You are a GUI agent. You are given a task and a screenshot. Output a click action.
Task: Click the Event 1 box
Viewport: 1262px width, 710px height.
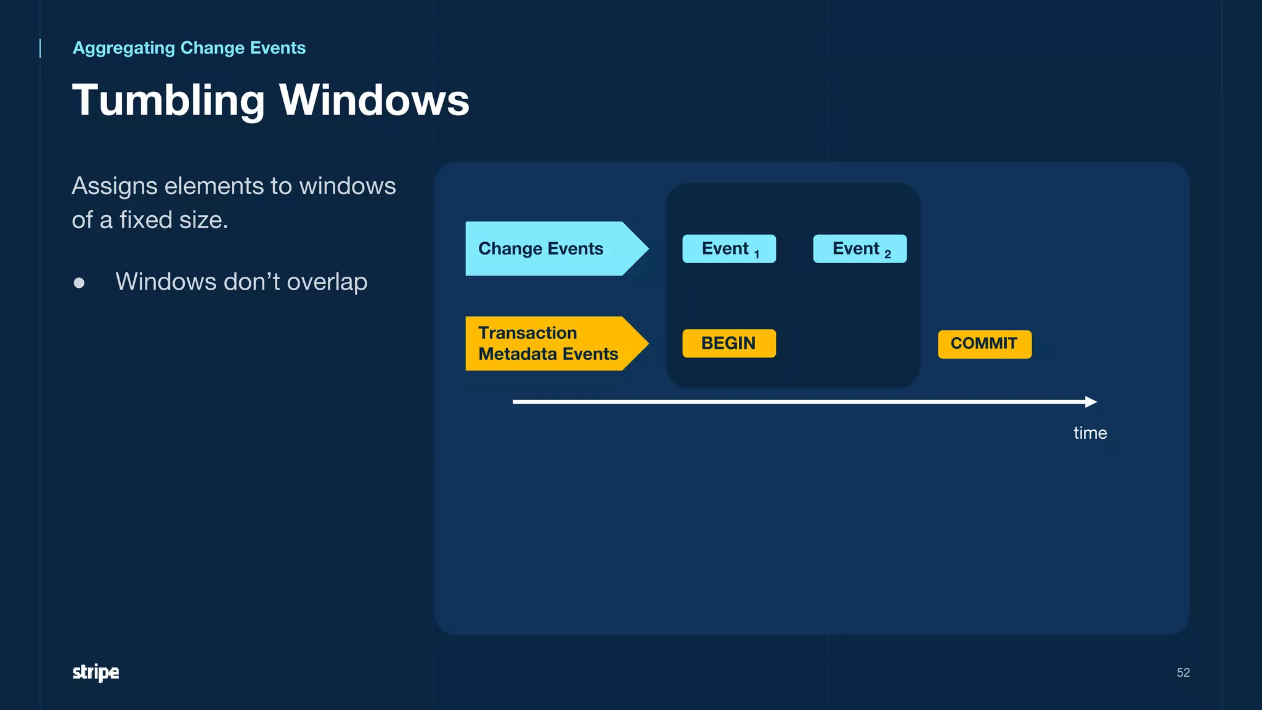[x=729, y=249]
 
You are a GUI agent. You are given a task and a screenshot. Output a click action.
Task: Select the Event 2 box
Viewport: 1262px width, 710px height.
[x=860, y=249]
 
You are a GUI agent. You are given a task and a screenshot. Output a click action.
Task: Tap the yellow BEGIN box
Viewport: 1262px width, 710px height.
[x=729, y=343]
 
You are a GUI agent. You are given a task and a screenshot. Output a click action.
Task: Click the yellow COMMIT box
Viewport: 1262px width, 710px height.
[x=984, y=344]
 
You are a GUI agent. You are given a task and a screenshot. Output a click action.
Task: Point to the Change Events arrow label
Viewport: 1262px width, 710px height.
[x=541, y=248]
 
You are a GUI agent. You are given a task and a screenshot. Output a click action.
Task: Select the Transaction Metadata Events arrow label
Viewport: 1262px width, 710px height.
[x=547, y=343]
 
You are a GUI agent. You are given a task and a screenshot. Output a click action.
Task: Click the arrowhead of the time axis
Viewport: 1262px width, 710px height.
[x=1091, y=402]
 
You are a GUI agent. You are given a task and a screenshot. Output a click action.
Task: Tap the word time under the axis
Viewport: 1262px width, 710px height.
[x=1090, y=433]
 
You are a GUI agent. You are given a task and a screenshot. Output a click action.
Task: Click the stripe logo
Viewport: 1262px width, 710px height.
[x=96, y=672]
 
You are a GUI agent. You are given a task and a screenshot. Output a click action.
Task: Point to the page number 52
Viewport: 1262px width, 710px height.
[x=1183, y=672]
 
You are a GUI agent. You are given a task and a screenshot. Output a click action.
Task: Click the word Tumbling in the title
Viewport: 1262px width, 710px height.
[x=168, y=100]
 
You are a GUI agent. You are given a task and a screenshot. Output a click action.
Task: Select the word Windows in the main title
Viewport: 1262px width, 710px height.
[x=374, y=100]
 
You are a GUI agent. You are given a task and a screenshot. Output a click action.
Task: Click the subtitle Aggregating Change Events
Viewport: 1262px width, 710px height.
[x=189, y=48]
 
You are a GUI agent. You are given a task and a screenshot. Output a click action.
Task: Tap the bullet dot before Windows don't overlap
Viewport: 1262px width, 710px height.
[x=79, y=283]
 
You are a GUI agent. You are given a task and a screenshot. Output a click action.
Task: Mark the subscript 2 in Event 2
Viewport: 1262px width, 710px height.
[x=887, y=255]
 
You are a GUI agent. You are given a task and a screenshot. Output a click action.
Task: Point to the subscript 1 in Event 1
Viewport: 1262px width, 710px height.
[x=757, y=255]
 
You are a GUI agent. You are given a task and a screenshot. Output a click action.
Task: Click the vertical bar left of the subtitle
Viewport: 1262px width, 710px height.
[x=41, y=48]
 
